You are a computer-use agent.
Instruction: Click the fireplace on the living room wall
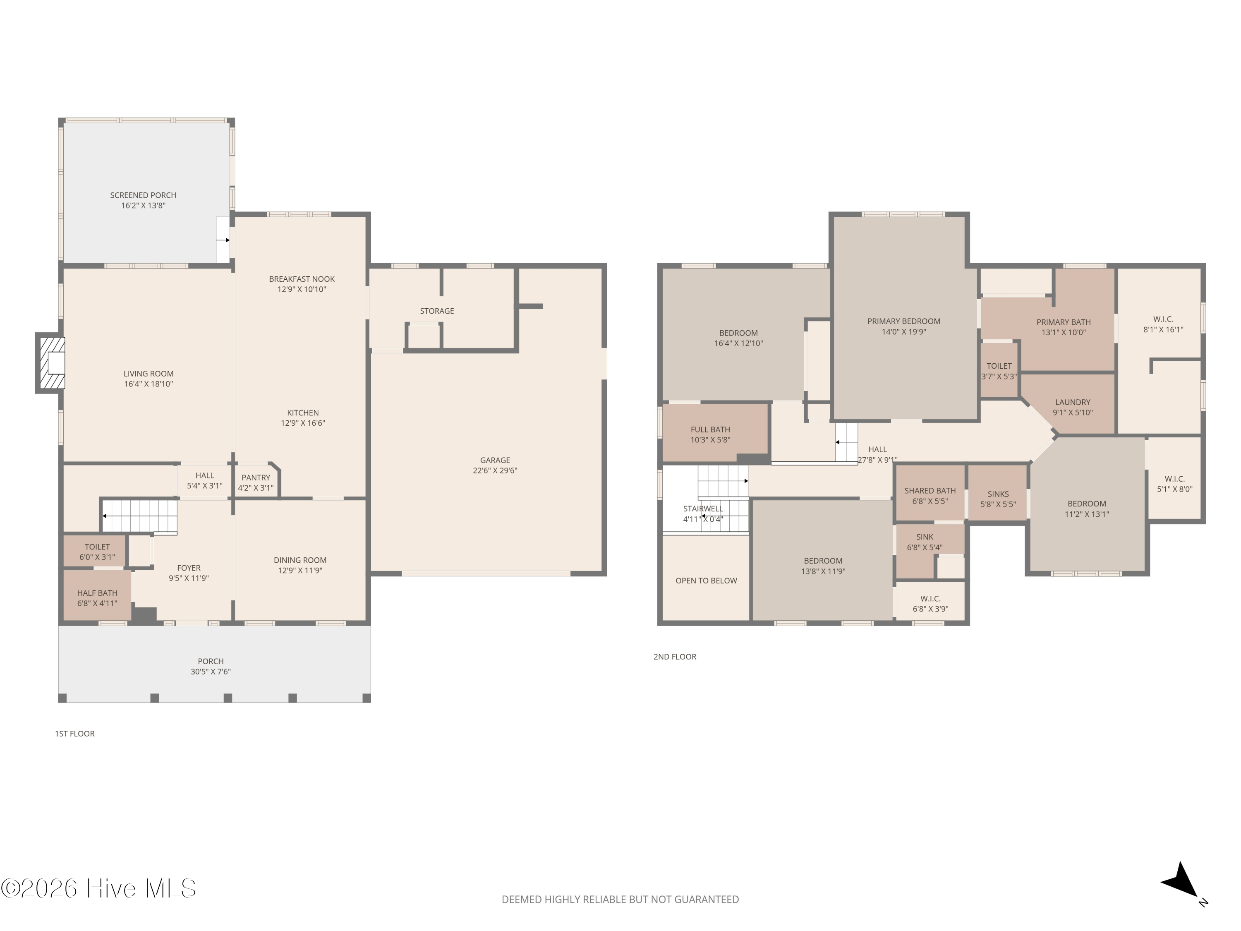pos(50,363)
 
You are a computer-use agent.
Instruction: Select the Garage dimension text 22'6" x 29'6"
pos(495,471)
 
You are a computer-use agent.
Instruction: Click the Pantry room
pos(256,482)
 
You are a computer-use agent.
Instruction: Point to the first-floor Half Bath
pos(97,595)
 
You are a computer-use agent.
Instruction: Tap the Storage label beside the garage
pos(437,311)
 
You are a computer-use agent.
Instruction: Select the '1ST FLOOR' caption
pos(74,734)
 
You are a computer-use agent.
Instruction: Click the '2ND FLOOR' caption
pos(675,657)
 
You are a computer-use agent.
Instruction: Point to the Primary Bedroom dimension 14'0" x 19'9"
pos(904,332)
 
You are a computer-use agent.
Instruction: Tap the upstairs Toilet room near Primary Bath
pos(999,370)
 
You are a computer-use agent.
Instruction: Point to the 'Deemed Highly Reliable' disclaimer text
pos(620,900)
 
